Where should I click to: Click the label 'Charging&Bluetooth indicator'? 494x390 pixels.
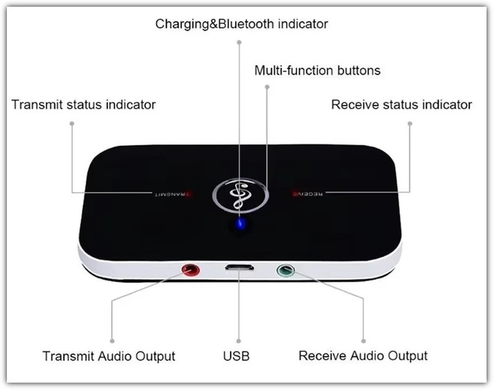pos(242,24)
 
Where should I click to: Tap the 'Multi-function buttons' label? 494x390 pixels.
pos(317,70)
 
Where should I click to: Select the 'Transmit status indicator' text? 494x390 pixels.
pos(84,105)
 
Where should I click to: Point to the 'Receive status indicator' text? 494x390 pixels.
pos(401,105)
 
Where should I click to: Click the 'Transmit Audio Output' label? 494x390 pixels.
pos(109,356)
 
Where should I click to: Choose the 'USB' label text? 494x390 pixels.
pos(237,356)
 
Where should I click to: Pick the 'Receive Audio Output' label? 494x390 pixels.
pos(363,356)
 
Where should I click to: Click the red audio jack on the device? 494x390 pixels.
pos(191,270)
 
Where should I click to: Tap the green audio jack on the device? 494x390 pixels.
pos(286,270)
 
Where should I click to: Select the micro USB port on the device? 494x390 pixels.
pos(240,268)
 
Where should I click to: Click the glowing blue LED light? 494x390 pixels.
pos(241,225)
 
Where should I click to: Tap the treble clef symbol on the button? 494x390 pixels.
pos(240,195)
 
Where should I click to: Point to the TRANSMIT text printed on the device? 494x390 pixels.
pos(173,194)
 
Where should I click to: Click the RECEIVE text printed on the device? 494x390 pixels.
pos(308,193)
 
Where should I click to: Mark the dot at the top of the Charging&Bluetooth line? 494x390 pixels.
pos(239,42)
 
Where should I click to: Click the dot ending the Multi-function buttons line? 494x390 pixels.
pos(267,87)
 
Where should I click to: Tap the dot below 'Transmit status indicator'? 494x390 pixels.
pos(72,124)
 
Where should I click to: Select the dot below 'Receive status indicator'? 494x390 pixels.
pos(410,124)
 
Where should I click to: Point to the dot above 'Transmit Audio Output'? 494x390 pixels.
pos(112,341)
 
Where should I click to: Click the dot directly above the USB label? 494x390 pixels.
pos(239,341)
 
